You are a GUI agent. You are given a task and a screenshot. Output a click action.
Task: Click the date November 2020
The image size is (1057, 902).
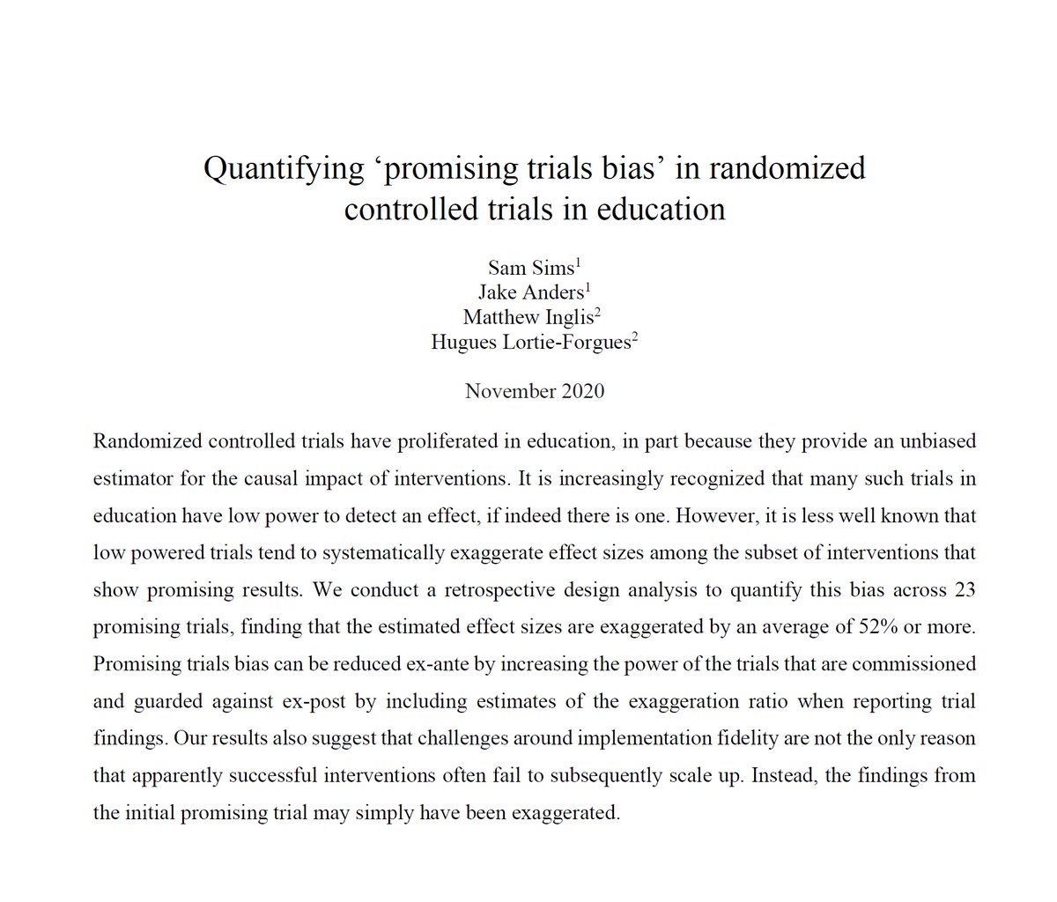[535, 391]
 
